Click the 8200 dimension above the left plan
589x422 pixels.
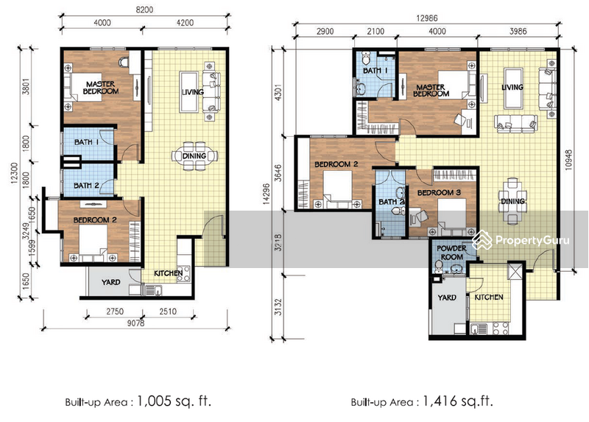(x=144, y=10)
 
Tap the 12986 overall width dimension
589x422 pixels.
(x=427, y=18)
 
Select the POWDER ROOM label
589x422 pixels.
(x=451, y=253)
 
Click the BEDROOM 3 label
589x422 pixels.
(x=439, y=192)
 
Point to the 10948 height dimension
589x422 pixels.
(x=568, y=161)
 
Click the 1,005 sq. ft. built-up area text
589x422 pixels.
(x=174, y=401)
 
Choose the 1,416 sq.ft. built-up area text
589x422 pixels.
(x=458, y=401)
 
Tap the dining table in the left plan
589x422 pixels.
(x=194, y=155)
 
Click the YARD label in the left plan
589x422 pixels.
(x=111, y=282)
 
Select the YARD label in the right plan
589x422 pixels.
(x=447, y=298)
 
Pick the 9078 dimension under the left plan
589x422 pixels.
(x=135, y=323)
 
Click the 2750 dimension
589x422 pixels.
(x=115, y=311)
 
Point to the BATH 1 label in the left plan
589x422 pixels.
(x=86, y=142)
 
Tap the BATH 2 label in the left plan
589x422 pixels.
(x=86, y=186)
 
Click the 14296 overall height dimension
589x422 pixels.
(x=267, y=194)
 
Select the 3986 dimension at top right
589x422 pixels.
(x=518, y=31)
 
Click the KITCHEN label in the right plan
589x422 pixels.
(x=489, y=298)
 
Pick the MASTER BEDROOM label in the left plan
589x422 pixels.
(x=101, y=88)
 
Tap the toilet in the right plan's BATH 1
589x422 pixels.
(x=366, y=57)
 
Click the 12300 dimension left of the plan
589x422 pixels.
(x=15, y=173)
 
